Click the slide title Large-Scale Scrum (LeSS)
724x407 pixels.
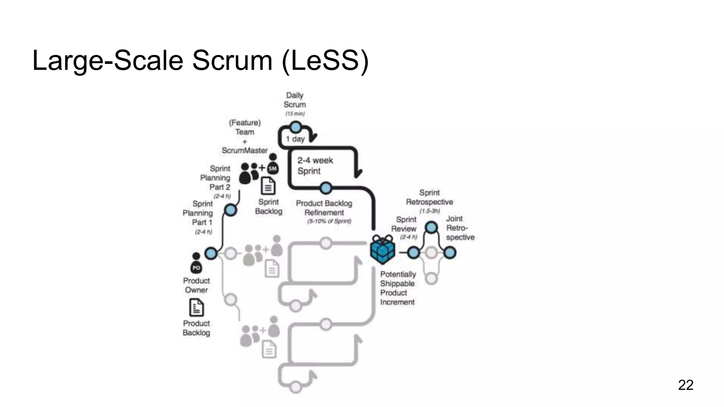coord(200,60)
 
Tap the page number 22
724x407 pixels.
coord(685,385)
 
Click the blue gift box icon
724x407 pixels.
coord(382,250)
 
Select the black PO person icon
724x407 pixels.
coord(196,263)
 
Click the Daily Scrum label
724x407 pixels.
coord(294,100)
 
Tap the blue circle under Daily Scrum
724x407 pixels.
coord(296,127)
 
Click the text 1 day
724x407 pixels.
coord(296,139)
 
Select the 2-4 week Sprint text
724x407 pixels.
coord(315,166)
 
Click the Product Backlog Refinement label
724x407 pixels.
coord(324,208)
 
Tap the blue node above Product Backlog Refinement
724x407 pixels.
coord(326,188)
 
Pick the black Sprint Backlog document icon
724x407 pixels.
coord(268,186)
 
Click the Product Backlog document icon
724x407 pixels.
coord(197,307)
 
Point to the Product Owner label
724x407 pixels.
coord(196,285)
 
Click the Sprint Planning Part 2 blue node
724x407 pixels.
coord(230,211)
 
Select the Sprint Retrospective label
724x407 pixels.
coord(429,197)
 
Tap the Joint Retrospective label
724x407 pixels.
coord(460,228)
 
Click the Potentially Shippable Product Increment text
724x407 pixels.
coord(398,288)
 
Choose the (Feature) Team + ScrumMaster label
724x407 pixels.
coord(245,136)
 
